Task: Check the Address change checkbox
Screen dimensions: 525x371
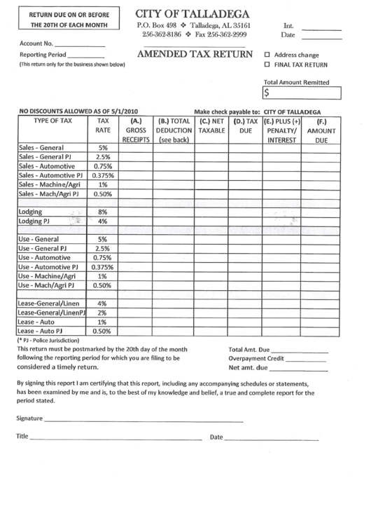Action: click(x=267, y=55)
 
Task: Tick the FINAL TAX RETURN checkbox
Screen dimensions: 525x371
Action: click(x=267, y=65)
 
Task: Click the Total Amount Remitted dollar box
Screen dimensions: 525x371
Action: click(x=302, y=92)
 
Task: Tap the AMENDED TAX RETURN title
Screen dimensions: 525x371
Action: click(x=194, y=55)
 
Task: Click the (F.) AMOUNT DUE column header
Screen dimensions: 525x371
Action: click(x=321, y=130)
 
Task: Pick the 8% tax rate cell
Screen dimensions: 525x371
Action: click(x=102, y=211)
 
